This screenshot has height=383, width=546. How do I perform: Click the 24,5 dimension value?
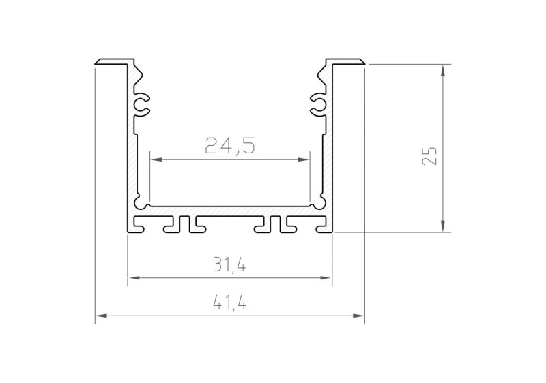point(230,145)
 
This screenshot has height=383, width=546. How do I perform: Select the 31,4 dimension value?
point(230,266)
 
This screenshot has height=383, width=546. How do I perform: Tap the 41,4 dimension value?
point(230,304)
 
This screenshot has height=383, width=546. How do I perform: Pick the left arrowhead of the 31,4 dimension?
point(134,277)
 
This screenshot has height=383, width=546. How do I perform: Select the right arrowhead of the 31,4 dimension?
point(326,277)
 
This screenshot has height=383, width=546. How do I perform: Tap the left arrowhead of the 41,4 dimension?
point(101,316)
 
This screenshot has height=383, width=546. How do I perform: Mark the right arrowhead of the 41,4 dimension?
point(358,316)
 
